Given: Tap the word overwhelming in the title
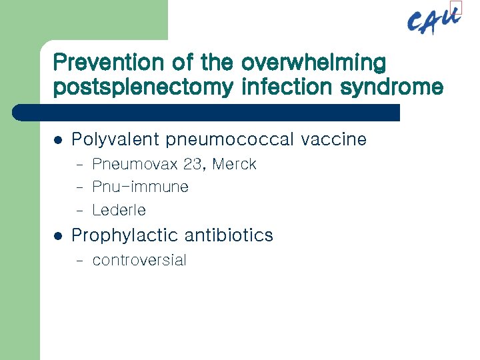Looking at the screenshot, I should point(313,62).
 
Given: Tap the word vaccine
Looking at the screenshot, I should point(334,139).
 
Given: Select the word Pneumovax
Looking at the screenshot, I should point(135,165).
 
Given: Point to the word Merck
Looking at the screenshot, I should point(234,165).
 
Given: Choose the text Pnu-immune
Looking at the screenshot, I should point(140,187).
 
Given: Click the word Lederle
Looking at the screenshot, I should point(119,210).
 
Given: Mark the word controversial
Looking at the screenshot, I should point(139,260).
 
